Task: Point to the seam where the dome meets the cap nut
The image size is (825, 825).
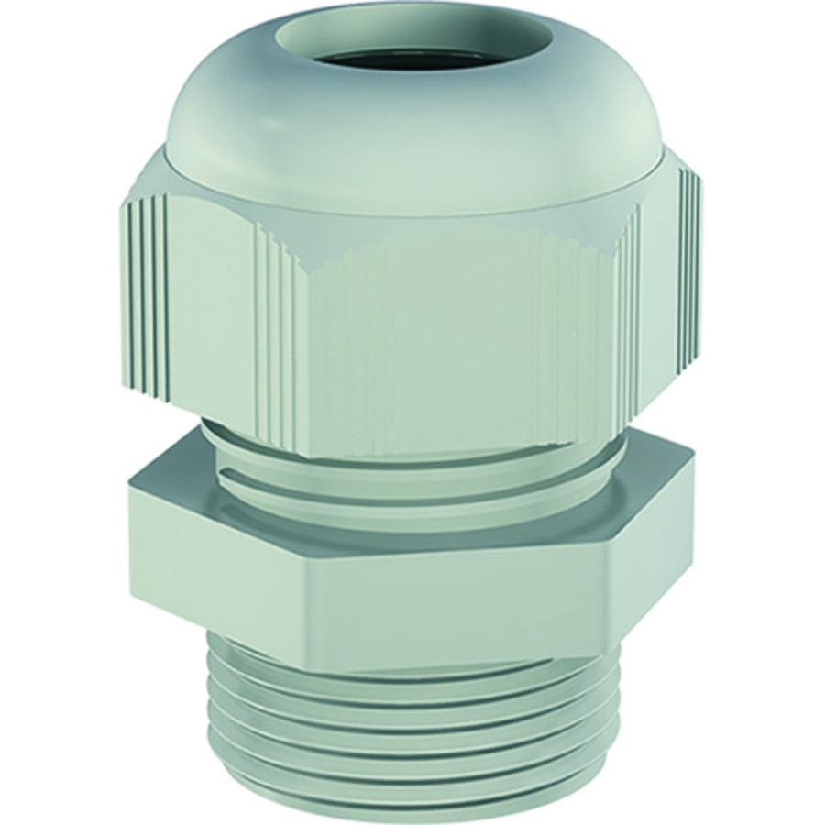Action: (403, 209)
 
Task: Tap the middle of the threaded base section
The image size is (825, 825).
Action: (412, 733)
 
